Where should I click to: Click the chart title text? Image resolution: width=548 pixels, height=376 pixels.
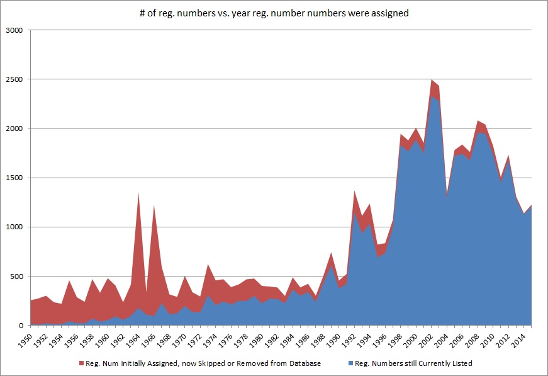[274, 13]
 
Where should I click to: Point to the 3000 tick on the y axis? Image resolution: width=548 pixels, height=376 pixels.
[14, 30]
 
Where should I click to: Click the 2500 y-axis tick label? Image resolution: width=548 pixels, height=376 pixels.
[14, 79]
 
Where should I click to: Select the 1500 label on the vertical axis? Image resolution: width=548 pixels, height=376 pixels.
[14, 178]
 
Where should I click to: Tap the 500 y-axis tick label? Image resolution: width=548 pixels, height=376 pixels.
[17, 276]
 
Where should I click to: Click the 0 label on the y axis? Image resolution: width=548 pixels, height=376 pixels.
[21, 326]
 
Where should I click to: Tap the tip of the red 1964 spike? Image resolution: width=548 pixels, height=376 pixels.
[138, 193]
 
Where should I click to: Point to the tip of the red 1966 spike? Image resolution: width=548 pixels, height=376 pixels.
[154, 205]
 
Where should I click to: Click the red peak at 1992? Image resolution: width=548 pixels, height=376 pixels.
[355, 191]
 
